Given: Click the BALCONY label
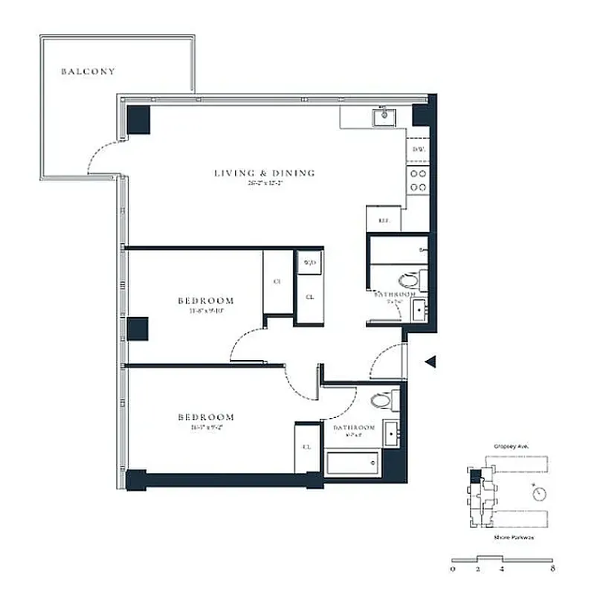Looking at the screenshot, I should (x=88, y=72).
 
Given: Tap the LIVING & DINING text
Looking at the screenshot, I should (x=265, y=173).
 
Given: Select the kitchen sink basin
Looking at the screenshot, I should (x=386, y=115).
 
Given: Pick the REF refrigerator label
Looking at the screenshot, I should (x=384, y=220).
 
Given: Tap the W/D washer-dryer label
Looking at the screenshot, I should (x=309, y=263).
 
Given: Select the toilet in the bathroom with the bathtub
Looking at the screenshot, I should (x=380, y=400).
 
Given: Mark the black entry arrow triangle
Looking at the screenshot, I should (x=428, y=362).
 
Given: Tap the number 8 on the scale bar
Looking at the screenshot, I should (x=551, y=570).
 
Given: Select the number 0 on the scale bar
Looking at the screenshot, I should (x=453, y=570).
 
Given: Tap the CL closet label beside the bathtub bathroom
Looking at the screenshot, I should (x=306, y=447).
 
